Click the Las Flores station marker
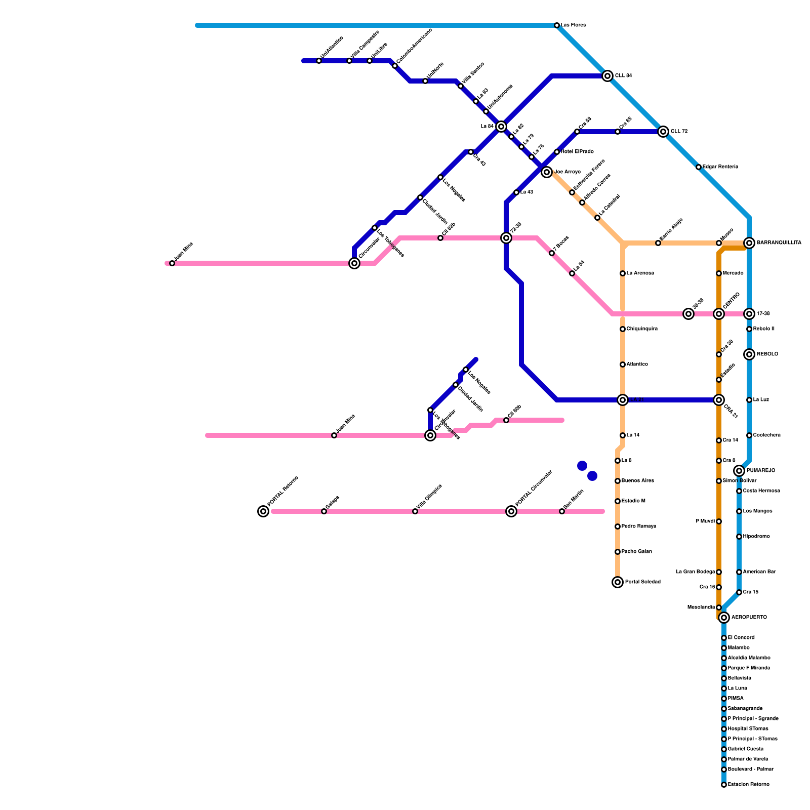pyautogui.click(x=557, y=25)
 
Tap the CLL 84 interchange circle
pyautogui.click(x=607, y=76)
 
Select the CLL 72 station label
pyautogui.click(x=679, y=132)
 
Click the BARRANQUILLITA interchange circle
pyautogui.click(x=749, y=243)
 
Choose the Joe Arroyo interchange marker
pyautogui.click(x=547, y=172)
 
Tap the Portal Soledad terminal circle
pyautogui.click(x=618, y=582)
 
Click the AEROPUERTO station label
pyautogui.click(x=749, y=618)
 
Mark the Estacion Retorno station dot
pyautogui.click(x=724, y=785)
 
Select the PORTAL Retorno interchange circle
pyautogui.click(x=263, y=511)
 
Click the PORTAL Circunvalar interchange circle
pyautogui.click(x=511, y=511)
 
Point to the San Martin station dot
pyautogui.click(x=562, y=511)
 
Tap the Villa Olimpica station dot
pyautogui.click(x=415, y=511)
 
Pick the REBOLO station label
pyautogui.click(x=767, y=354)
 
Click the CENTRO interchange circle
pyautogui.click(x=719, y=314)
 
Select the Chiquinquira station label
pyautogui.click(x=642, y=329)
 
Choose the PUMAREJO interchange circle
pyautogui.click(x=739, y=471)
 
